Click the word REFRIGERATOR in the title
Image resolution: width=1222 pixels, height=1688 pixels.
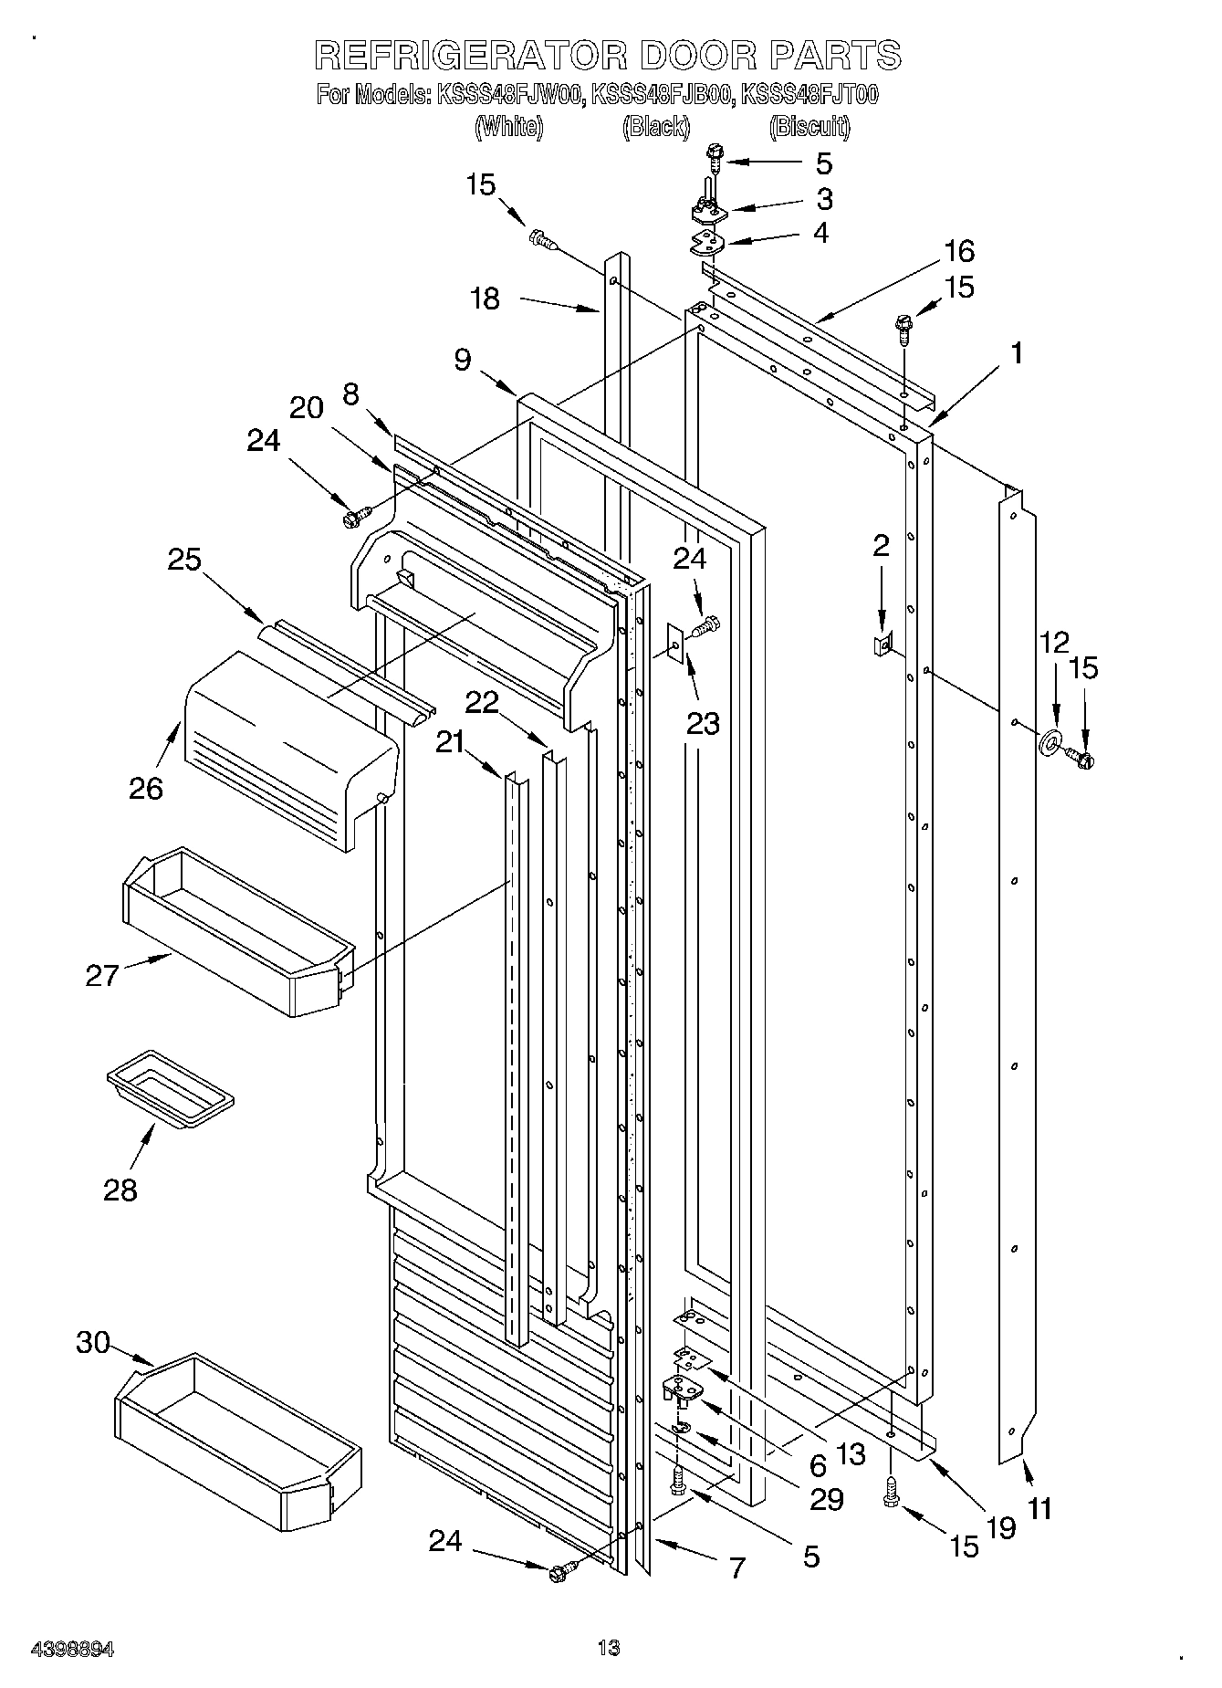tap(470, 56)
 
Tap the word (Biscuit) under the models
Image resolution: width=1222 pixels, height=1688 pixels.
tap(809, 127)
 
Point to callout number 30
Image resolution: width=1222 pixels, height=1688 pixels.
tap(93, 1343)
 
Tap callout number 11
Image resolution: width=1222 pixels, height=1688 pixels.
tap(1039, 1508)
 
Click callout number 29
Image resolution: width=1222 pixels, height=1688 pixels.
tap(827, 1499)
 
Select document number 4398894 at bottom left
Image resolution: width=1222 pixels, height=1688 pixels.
tap(72, 1649)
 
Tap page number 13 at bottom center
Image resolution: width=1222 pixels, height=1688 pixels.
tap(608, 1648)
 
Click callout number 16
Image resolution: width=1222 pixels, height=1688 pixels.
tap(959, 251)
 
